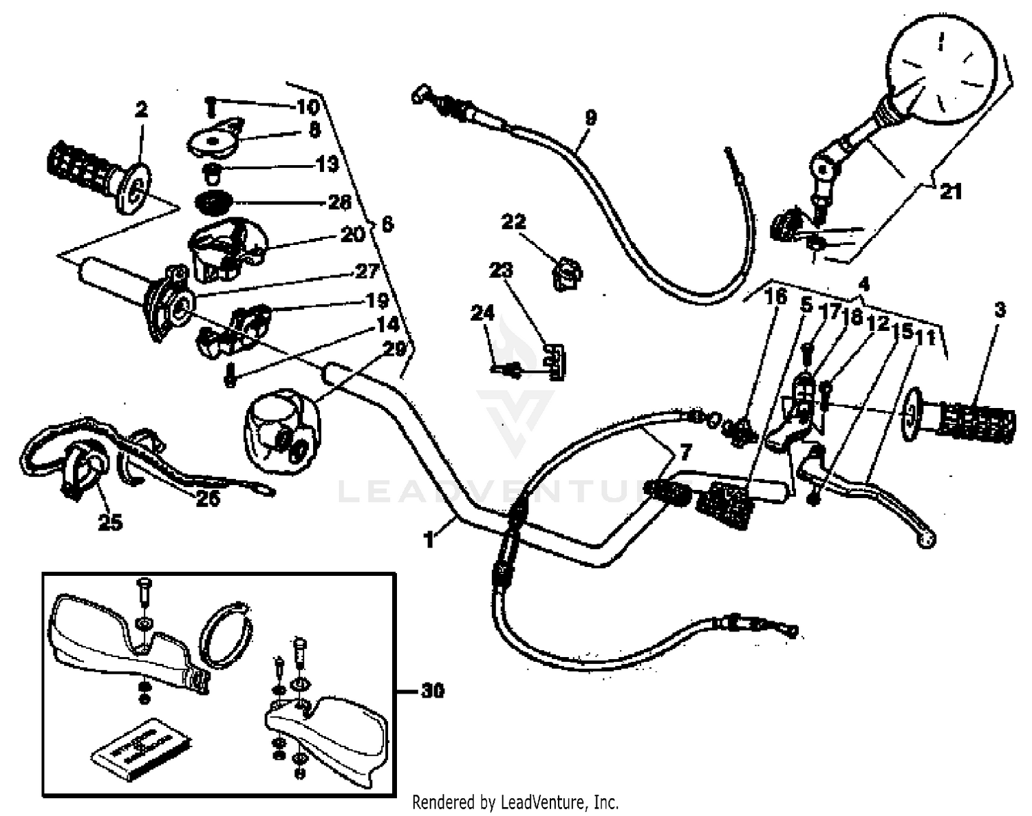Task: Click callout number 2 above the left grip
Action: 141,109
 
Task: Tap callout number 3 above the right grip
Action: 1000,310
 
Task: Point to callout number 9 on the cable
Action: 590,118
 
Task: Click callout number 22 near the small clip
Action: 513,222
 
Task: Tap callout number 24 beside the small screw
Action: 482,314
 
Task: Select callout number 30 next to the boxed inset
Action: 431,690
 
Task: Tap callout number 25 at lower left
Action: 110,522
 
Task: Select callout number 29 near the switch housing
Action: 394,350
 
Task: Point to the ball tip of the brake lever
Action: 926,541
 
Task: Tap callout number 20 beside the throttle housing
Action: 352,235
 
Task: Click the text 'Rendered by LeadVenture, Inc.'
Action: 515,802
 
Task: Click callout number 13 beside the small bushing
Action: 327,164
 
